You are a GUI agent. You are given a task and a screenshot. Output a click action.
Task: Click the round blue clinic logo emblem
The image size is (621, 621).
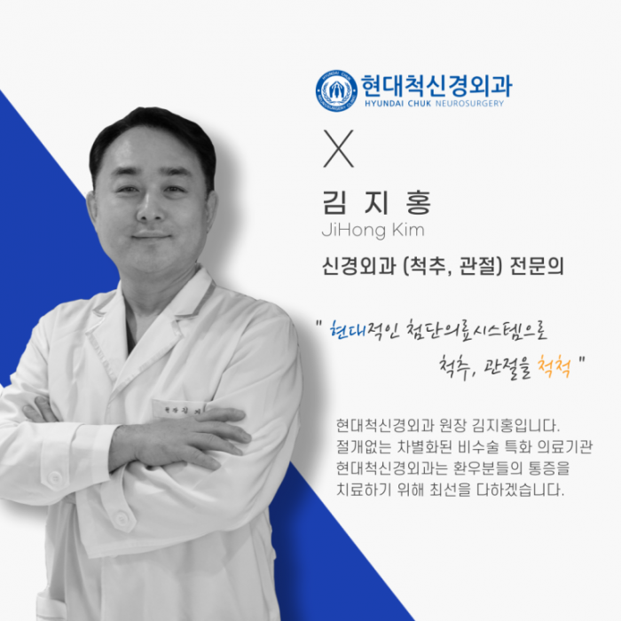[x=336, y=90]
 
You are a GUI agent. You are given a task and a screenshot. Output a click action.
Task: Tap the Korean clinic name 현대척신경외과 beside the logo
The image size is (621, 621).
[x=436, y=85]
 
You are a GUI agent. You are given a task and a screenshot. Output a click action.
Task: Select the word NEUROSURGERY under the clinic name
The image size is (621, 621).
[x=469, y=104]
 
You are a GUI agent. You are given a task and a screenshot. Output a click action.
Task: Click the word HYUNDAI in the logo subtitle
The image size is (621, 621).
[x=380, y=104]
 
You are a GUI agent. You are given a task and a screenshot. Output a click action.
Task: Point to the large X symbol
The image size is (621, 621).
[x=338, y=148]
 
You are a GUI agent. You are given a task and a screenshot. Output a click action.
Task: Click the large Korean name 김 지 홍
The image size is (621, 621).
[x=377, y=202]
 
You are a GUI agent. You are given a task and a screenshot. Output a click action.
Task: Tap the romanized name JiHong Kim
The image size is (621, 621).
[x=373, y=230]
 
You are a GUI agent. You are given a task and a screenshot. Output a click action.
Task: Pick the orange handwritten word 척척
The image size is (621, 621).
[x=554, y=366]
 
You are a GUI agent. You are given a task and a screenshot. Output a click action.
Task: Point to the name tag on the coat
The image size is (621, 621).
[x=179, y=409]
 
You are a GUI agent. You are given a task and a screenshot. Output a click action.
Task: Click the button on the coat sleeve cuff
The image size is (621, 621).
[x=54, y=478]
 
